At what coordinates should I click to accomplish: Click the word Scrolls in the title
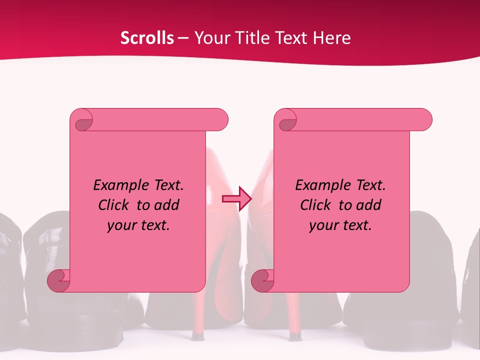click(x=147, y=38)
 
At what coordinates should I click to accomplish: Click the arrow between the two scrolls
click(x=236, y=199)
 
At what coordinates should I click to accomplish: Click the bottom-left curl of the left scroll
click(x=58, y=280)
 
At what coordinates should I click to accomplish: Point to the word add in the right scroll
click(x=369, y=205)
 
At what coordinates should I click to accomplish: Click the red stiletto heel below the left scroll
click(x=199, y=315)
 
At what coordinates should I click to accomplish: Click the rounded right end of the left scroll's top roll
click(x=220, y=120)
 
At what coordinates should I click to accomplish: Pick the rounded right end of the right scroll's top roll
click(x=424, y=120)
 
